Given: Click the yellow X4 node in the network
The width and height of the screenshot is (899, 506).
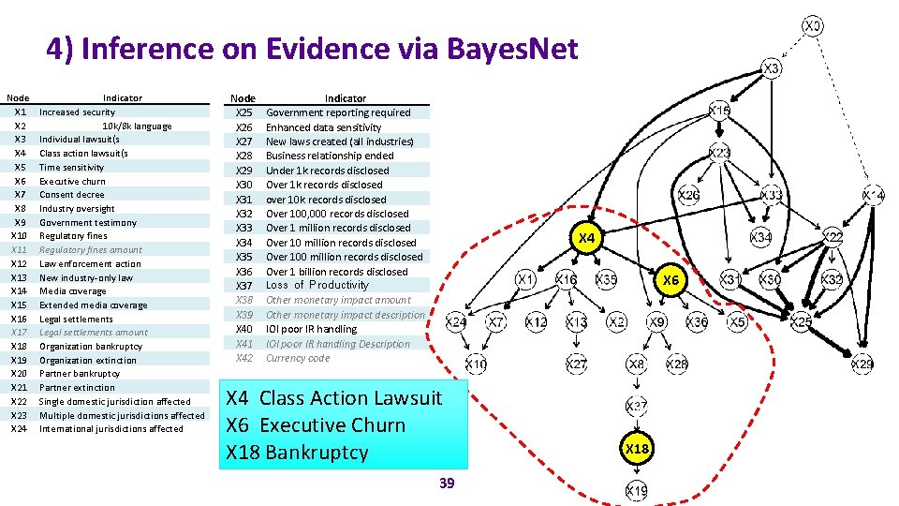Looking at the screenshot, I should tap(586, 239).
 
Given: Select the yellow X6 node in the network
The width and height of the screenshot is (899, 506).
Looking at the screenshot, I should tap(671, 280).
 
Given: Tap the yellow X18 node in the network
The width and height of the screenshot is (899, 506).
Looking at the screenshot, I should tap(637, 449).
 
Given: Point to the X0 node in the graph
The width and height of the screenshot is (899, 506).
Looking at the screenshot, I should tap(814, 26).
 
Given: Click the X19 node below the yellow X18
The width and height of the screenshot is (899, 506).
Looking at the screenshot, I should tap(637, 490).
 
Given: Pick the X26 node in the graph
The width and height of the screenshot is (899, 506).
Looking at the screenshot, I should tap(689, 195).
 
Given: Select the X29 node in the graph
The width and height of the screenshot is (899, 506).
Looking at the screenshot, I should tap(862, 364).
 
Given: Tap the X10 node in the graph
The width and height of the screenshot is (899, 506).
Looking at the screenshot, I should tap(476, 364).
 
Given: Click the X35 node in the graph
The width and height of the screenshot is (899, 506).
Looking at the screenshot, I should tap(607, 279).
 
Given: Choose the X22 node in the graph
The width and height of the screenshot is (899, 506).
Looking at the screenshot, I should tap(833, 238).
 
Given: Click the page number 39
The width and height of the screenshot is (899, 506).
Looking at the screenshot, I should tap(447, 484).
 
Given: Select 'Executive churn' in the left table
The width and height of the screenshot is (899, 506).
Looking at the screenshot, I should tap(72, 182).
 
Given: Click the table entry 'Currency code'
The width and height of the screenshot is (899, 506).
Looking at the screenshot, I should tap(298, 358).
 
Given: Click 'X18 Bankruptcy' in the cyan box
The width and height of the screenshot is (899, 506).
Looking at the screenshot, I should tap(297, 453).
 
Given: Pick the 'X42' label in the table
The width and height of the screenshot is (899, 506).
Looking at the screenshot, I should tap(244, 358).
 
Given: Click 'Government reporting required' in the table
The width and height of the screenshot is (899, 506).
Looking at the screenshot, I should tap(338, 112).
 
